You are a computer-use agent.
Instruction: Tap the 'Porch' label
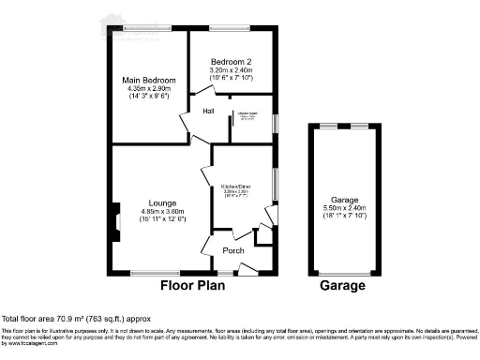[233, 250]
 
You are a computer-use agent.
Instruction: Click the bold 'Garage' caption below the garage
[343, 286]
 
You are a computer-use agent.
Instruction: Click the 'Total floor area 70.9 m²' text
[75, 320]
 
